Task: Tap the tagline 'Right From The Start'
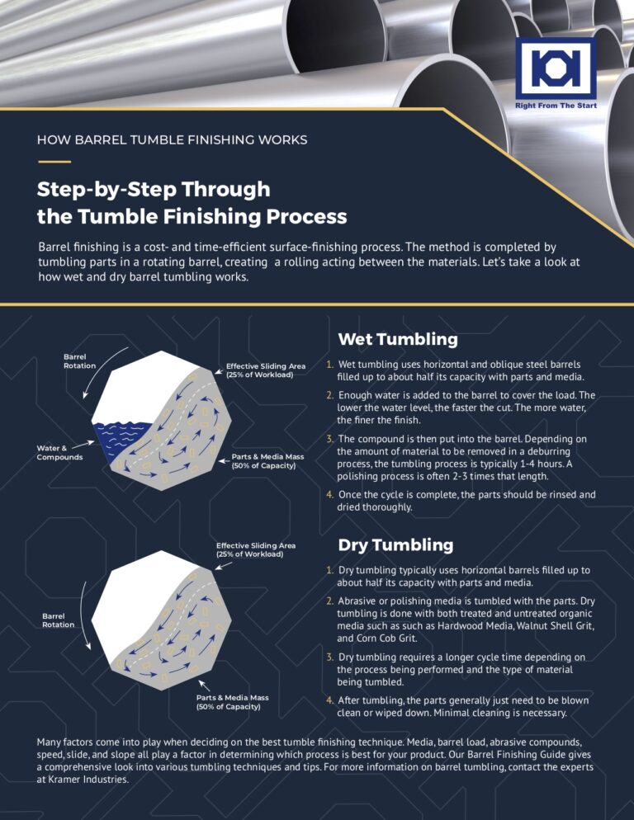(x=555, y=106)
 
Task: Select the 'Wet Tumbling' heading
(x=397, y=339)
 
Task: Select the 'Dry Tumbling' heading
(x=395, y=544)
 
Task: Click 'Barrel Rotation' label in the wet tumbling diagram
(x=80, y=361)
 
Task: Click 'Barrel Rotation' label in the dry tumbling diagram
(x=59, y=620)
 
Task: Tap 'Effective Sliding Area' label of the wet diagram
(x=266, y=370)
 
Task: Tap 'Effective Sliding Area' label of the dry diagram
(x=255, y=549)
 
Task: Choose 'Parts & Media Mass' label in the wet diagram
(x=263, y=460)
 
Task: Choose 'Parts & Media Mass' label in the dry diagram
(x=228, y=702)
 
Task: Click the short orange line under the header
(x=54, y=162)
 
